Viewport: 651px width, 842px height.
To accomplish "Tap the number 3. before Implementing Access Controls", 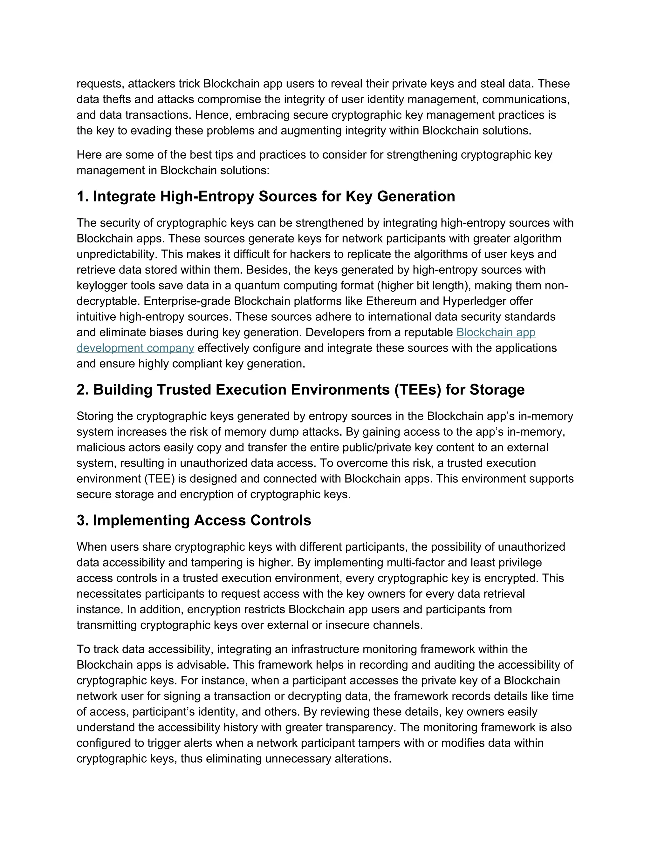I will [x=83, y=520].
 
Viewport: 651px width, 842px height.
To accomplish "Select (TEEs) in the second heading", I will [x=418, y=390].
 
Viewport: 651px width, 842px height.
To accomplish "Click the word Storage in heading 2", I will [x=497, y=390].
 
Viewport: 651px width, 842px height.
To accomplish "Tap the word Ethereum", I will [x=390, y=301].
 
